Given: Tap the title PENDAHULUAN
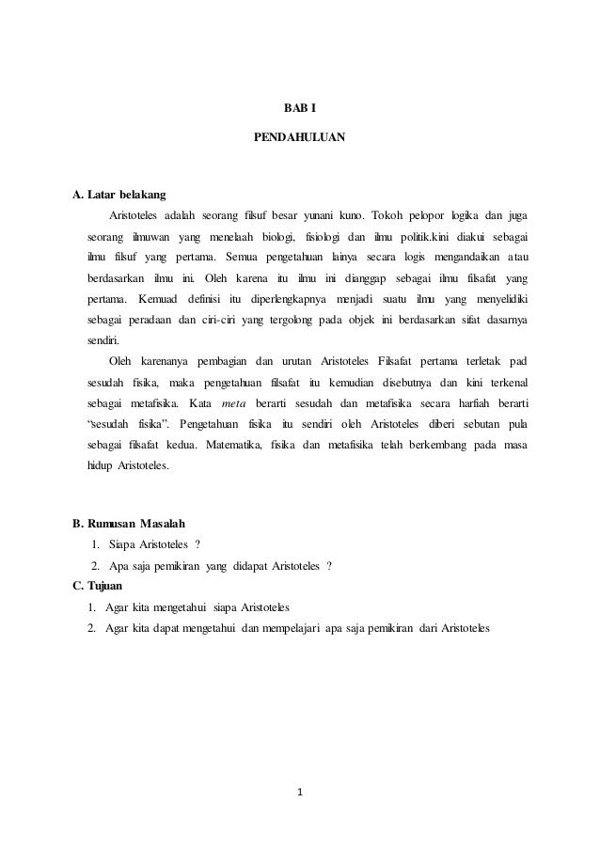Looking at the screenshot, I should pyautogui.click(x=300, y=138).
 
